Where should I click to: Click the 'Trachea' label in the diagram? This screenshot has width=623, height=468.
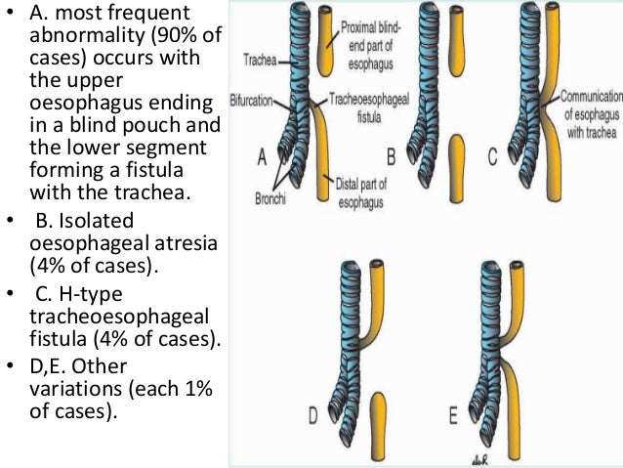tap(259, 59)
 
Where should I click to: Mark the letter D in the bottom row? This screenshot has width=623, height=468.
tap(313, 416)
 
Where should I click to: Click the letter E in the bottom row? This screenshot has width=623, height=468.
tap(455, 415)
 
